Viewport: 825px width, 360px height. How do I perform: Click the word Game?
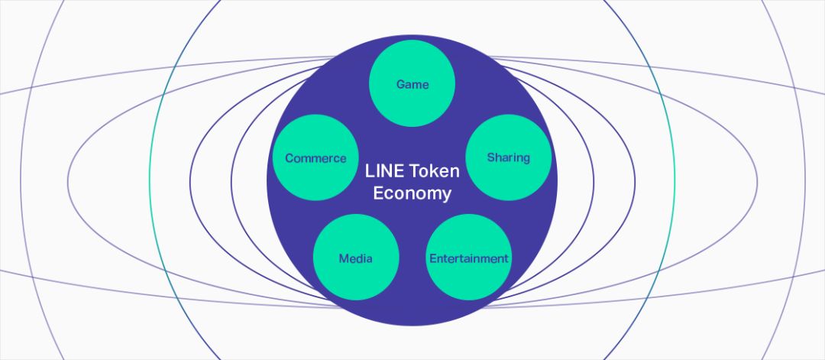click(x=412, y=84)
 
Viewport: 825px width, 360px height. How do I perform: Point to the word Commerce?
click(x=315, y=158)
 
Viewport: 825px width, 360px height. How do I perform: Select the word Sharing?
click(x=509, y=157)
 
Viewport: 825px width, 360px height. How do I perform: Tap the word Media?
click(x=356, y=258)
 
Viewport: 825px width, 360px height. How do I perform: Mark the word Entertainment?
click(x=468, y=258)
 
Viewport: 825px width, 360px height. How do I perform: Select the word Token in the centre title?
click(x=434, y=171)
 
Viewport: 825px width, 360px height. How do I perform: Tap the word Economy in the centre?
click(x=412, y=193)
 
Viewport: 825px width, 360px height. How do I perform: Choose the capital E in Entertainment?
click(x=432, y=258)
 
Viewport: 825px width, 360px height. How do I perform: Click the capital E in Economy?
click(x=377, y=193)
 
